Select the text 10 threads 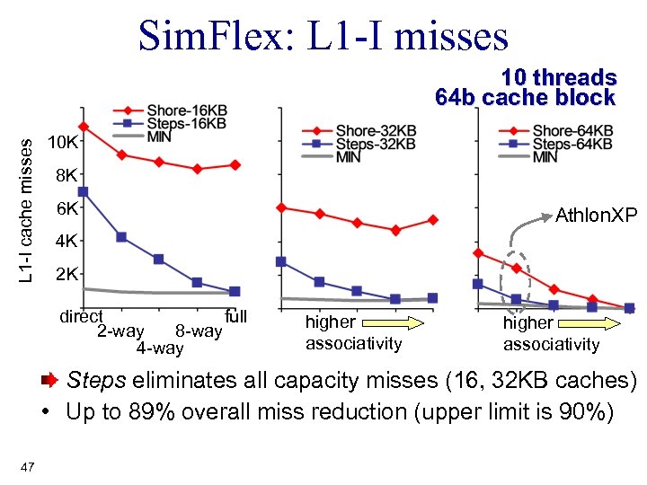coord(558,78)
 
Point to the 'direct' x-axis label coord(81,316)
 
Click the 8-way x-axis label coord(199,331)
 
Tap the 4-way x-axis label coord(159,348)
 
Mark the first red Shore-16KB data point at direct coord(83,127)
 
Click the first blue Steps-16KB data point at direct coord(83,191)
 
